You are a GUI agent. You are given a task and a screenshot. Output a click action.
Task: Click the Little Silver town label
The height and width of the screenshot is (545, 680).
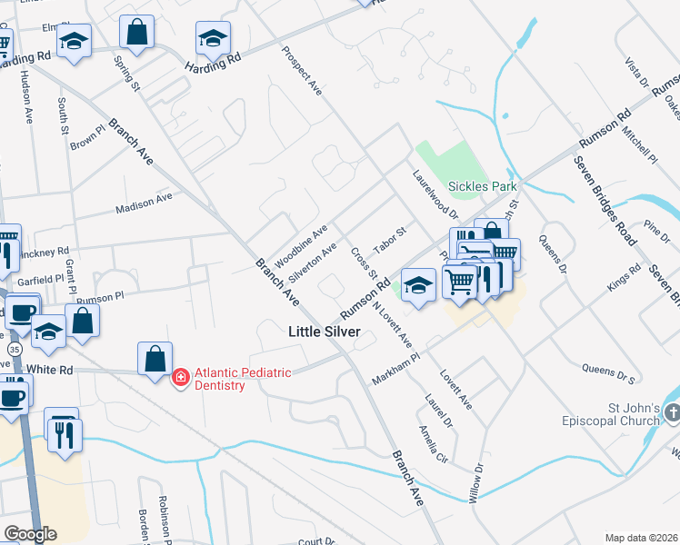coord(325,332)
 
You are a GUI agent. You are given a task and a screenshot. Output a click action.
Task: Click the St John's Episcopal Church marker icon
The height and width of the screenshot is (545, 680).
coord(672,414)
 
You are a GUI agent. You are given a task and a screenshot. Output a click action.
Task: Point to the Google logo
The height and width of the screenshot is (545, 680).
coord(30,534)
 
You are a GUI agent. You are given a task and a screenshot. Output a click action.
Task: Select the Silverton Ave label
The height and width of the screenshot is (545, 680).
coord(313,262)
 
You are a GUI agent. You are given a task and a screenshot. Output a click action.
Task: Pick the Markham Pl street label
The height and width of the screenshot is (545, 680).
coord(395,370)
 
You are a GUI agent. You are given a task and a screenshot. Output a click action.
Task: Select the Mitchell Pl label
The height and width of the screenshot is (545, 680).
coord(639,145)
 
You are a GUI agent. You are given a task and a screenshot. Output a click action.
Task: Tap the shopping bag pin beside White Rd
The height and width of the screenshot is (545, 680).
coord(155,359)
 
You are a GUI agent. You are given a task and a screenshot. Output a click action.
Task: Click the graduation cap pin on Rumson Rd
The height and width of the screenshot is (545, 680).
coord(417,284)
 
